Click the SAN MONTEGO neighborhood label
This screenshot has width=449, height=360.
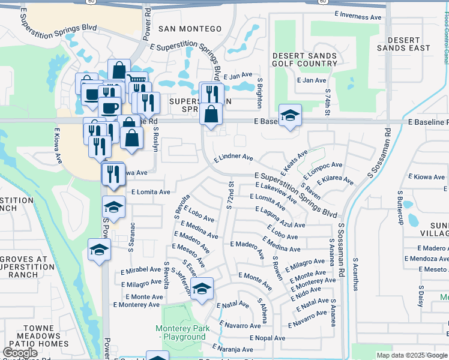190,29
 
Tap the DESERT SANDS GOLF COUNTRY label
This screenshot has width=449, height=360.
304,60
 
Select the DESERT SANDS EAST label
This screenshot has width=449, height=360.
404,44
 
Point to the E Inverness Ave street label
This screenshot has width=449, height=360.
358,17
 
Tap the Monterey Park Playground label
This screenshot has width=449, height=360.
181,332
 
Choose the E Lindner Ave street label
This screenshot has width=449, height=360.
234,157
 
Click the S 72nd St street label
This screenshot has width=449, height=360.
229,194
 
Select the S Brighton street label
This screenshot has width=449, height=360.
260,92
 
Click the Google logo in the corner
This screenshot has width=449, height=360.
21,353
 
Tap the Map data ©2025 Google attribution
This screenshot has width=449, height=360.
412,355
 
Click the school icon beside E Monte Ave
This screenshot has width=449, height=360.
202,288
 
